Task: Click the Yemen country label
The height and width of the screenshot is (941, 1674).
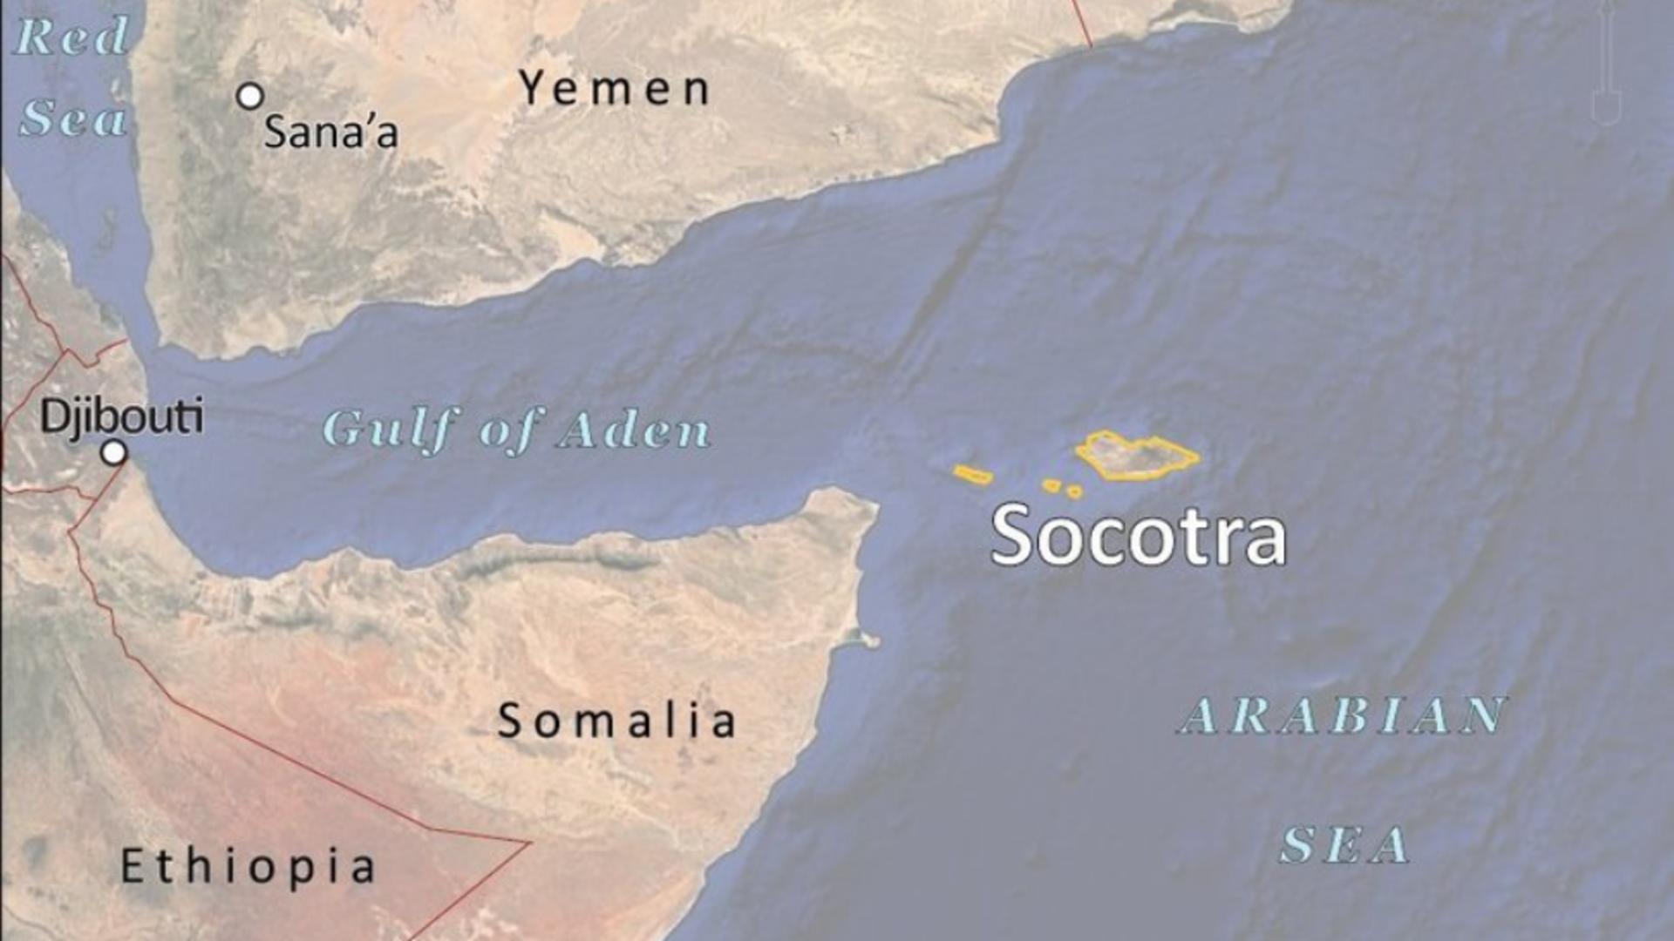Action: coord(615,89)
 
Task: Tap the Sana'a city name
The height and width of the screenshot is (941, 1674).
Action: coord(330,132)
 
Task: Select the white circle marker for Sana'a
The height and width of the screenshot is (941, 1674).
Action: coord(250,96)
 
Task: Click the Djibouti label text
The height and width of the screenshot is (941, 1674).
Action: coord(122,416)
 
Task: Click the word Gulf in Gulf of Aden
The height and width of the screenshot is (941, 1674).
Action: coord(391,430)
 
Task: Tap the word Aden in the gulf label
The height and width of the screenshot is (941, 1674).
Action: coord(635,430)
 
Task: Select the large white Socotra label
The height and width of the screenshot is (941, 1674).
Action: coord(1138,536)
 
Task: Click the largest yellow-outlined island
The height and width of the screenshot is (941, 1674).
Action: coord(1135,455)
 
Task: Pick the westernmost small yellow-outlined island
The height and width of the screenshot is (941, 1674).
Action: coord(972,475)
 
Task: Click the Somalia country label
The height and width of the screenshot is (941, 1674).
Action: coord(616,721)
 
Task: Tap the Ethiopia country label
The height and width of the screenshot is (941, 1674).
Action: coord(248,866)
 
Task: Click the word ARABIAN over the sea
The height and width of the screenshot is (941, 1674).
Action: coord(1343,716)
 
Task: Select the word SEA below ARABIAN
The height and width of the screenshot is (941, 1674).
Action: coord(1344,844)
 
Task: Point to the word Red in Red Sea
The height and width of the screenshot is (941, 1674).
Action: coord(72,37)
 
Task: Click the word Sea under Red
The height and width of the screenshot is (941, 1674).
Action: coord(73,118)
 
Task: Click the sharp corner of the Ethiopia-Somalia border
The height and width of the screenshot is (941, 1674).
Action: coord(528,843)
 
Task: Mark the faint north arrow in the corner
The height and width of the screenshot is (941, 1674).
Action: coord(1606,65)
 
